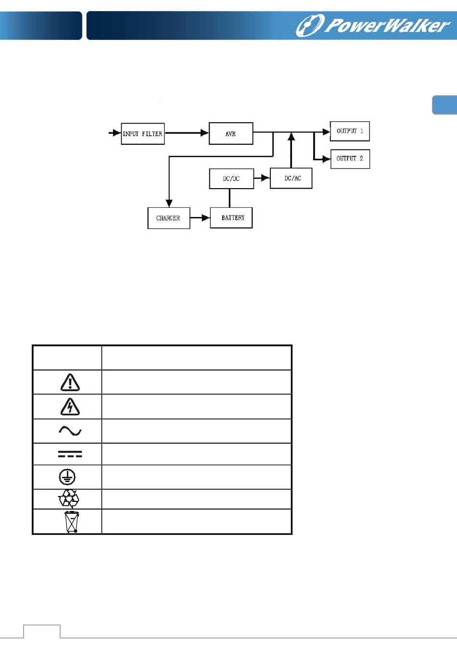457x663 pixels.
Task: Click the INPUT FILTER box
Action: (142, 134)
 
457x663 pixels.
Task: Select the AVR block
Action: (231, 134)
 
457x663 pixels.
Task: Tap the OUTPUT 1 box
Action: (350, 131)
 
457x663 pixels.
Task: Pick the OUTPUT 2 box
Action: (350, 158)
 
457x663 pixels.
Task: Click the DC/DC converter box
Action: (231, 178)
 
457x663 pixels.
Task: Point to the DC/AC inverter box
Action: (291, 178)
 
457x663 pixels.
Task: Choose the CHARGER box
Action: (168, 218)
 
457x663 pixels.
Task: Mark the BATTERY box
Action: (231, 218)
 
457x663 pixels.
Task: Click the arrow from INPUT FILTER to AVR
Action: (187, 133)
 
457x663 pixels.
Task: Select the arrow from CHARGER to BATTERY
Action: (200, 218)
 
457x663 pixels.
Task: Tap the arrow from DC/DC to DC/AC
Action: (262, 178)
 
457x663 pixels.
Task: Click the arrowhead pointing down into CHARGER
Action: (169, 203)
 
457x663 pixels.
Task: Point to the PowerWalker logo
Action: (372, 25)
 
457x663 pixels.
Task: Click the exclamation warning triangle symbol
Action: (70, 382)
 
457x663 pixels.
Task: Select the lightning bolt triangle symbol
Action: (70, 407)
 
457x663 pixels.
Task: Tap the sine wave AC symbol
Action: (70, 431)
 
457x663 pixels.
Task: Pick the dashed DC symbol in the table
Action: (70, 454)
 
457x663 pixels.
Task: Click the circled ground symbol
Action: (67, 477)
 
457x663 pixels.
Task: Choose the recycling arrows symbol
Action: (69, 499)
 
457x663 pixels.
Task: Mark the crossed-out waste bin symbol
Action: (72, 522)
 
